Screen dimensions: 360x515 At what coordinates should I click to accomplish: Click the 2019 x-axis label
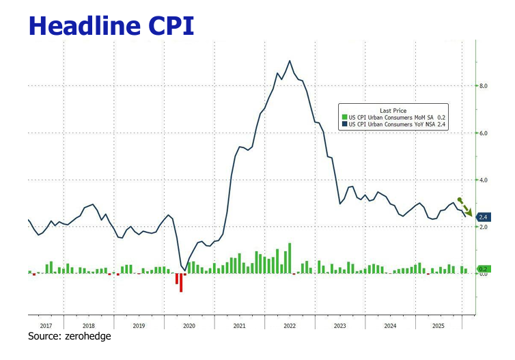point(139,326)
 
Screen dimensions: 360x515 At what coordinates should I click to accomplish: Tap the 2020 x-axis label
point(189,326)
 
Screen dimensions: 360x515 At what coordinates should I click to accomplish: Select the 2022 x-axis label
point(289,326)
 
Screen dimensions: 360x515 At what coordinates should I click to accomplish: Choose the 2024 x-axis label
point(389,326)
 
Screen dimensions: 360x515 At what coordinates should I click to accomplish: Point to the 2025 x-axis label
point(439,326)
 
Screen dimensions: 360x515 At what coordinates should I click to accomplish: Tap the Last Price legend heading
point(394,110)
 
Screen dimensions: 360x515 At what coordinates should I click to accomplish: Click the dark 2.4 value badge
point(483,217)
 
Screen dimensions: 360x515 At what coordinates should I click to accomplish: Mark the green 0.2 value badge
point(483,269)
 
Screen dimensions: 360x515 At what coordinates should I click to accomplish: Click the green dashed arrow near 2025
point(464,206)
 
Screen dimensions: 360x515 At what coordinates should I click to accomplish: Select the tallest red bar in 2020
point(181,282)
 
